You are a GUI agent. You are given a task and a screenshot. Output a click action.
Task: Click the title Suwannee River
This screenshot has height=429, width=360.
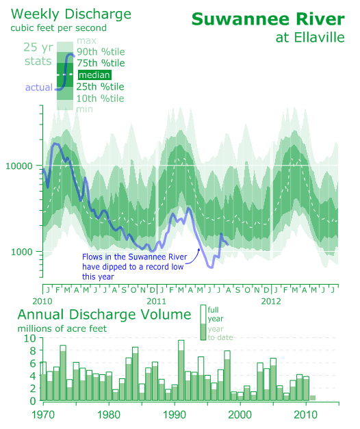coord(268,19)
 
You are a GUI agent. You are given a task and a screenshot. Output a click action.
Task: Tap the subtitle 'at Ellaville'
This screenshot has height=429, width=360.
coord(310,38)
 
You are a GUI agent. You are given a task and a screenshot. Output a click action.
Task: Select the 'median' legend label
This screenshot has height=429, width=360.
coord(94,75)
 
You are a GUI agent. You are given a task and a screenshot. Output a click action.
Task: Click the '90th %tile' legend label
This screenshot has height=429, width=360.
coord(101,51)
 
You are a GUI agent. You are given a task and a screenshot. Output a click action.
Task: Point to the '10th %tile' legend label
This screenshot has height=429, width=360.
coord(100,99)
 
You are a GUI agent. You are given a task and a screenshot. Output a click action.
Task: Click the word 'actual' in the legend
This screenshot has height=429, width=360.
coord(39,88)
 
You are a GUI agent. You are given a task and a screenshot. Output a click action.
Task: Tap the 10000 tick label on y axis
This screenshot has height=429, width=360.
coord(19,166)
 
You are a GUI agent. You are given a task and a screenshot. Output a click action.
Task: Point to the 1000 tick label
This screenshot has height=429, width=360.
coord(22,252)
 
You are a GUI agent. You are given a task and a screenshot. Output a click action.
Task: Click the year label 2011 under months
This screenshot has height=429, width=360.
coord(156,301)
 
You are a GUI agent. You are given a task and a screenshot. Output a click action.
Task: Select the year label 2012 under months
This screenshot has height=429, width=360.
coord(271,301)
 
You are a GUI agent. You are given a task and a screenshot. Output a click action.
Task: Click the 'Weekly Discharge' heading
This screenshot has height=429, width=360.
coord(71,14)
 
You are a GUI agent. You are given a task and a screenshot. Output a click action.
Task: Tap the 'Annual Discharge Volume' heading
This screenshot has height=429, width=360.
coord(104,315)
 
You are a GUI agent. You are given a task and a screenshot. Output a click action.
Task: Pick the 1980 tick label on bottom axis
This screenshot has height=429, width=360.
coord(109,415)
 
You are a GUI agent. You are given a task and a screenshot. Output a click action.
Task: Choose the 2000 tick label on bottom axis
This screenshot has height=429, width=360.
coord(240,415)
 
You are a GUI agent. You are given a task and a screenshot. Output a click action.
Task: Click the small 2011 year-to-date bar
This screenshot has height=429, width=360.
coord(313,398)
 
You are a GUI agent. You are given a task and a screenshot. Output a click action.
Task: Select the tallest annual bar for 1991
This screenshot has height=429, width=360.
coord(181,371)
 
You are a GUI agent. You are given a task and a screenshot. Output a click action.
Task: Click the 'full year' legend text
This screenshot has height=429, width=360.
coord(216,314)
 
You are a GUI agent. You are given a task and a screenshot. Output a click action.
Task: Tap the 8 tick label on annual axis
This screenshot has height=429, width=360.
coord(33,350)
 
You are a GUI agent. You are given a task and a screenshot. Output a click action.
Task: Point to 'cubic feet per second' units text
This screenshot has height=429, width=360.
coord(59,28)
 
